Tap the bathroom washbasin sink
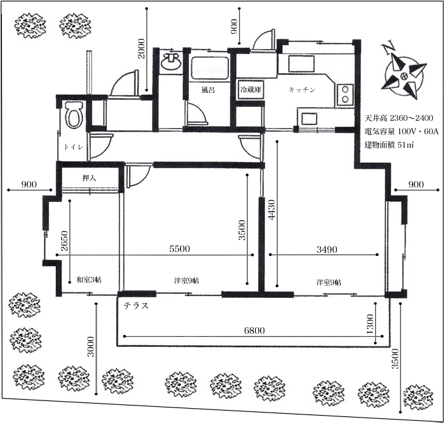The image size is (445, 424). pyautogui.click(x=170, y=60)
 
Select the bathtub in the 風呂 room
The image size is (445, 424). pyautogui.click(x=210, y=69)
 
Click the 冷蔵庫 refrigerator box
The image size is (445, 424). pyautogui.click(x=250, y=90)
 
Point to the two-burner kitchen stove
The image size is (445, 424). pyautogui.click(x=345, y=94)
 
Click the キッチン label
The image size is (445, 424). pyautogui.click(x=302, y=90)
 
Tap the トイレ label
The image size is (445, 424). pyautogui.click(x=74, y=147)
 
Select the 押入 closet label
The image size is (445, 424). pyautogui.click(x=89, y=178)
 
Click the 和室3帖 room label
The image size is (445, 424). pyautogui.click(x=89, y=280)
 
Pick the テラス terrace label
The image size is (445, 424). pyautogui.click(x=136, y=306)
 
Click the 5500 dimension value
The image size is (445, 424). pyautogui.click(x=179, y=249)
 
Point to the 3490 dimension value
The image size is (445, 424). pyautogui.click(x=327, y=250)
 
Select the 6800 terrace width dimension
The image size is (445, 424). pyautogui.click(x=254, y=330)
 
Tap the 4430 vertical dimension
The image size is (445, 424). pyautogui.click(x=271, y=209)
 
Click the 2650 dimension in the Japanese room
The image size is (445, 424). pyautogui.click(x=64, y=241)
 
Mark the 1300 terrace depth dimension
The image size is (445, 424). pyautogui.click(x=370, y=324)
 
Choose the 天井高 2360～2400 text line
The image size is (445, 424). pyautogui.click(x=399, y=118)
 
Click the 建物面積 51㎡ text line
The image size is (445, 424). pyautogui.click(x=388, y=145)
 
